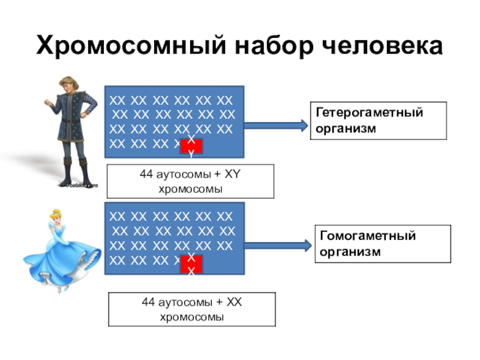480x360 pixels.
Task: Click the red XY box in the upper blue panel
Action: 191,146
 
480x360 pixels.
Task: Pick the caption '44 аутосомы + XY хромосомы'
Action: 190,181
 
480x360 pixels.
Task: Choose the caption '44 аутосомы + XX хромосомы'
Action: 192,309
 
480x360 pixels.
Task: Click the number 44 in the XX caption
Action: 148,302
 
